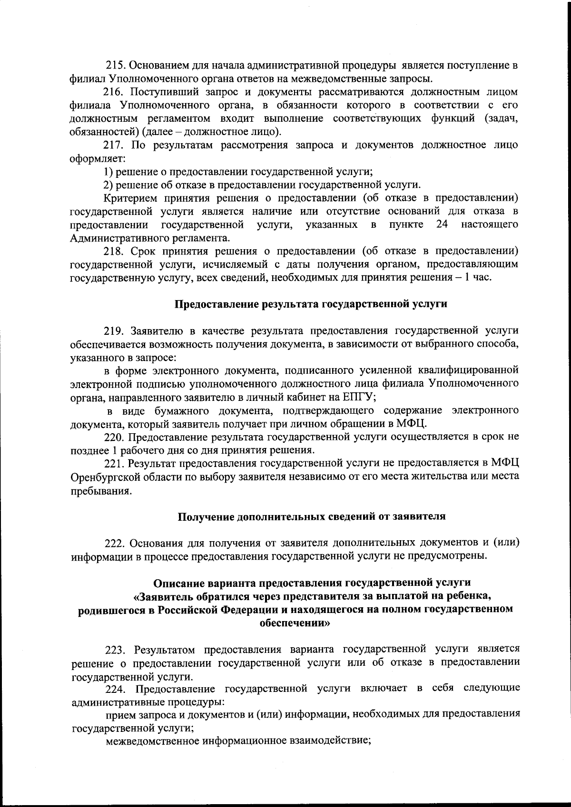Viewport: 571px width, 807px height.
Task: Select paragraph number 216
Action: click(x=114, y=91)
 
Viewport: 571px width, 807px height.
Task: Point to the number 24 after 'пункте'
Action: click(x=443, y=224)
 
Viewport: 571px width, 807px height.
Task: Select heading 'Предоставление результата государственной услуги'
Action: click(x=311, y=304)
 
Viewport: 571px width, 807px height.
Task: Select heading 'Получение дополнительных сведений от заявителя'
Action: click(x=311, y=516)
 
